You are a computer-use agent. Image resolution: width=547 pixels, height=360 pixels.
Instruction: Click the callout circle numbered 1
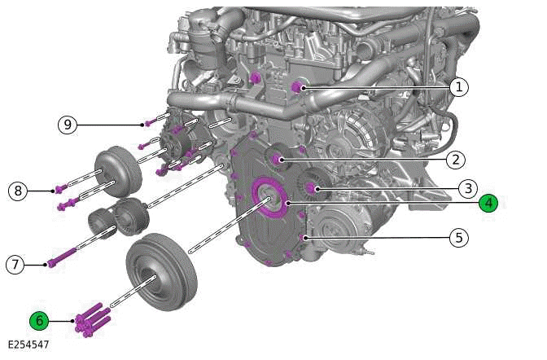(460, 87)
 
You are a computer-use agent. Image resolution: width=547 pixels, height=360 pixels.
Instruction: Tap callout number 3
(466, 189)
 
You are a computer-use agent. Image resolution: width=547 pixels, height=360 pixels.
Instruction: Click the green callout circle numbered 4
(488, 203)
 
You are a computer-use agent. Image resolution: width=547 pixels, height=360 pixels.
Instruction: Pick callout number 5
(459, 238)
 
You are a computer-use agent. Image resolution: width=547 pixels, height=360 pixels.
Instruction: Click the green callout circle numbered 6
(38, 320)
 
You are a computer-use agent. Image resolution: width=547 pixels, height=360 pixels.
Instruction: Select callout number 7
(15, 265)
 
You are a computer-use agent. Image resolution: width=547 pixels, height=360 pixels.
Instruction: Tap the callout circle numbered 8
(18, 191)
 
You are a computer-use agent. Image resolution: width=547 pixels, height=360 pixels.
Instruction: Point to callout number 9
(67, 125)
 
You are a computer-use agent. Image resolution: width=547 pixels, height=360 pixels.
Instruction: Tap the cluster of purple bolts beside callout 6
(90, 319)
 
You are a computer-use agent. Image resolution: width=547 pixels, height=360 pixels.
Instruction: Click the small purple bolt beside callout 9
(147, 124)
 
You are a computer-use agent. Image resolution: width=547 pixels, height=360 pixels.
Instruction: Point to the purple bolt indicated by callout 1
(297, 87)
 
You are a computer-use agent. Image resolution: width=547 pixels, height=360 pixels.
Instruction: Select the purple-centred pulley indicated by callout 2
(278, 158)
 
